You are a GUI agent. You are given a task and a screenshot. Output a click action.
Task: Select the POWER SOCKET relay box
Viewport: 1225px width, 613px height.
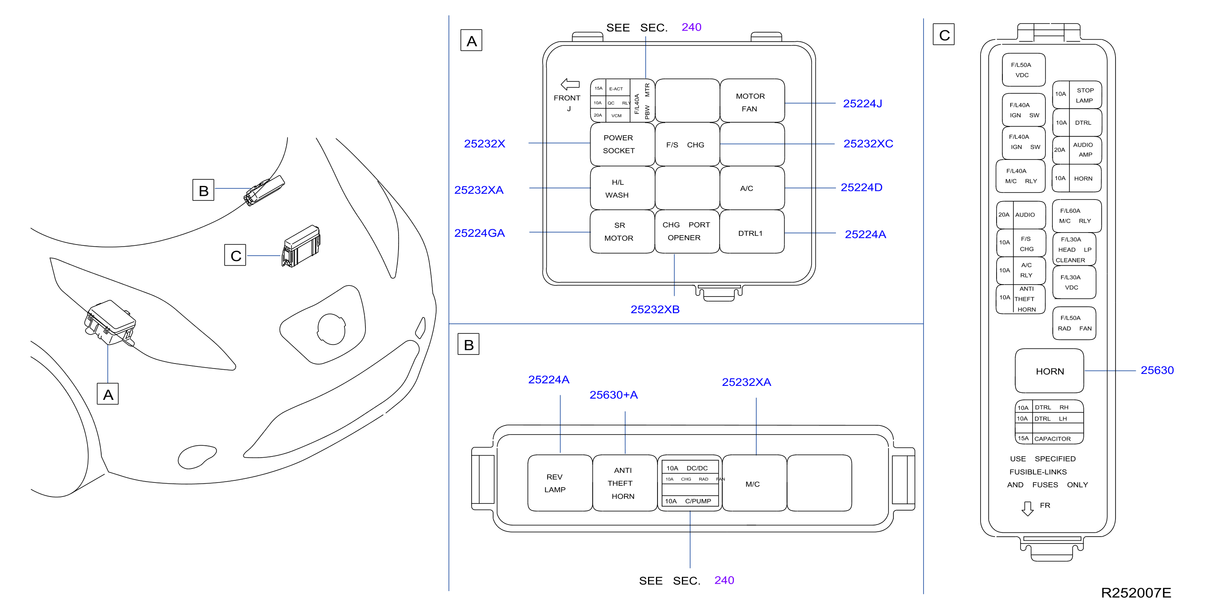pyautogui.click(x=622, y=144)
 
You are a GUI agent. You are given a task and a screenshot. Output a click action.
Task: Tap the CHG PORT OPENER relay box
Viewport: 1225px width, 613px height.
pyautogui.click(x=687, y=231)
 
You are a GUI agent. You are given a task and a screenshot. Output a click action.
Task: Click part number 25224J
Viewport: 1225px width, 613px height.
pyautogui.click(x=862, y=103)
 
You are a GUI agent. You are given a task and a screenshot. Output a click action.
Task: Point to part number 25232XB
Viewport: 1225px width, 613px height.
pyautogui.click(x=655, y=309)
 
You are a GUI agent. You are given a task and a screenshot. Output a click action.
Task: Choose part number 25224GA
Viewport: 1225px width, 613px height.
pyautogui.click(x=480, y=233)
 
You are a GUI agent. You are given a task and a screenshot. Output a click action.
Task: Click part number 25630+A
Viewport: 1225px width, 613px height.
pyautogui.click(x=613, y=395)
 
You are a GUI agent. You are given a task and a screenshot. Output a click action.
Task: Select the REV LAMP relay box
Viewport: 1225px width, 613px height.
pyautogui.click(x=560, y=483)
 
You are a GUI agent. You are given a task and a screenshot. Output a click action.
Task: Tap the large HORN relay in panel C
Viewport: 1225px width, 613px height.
pyautogui.click(x=1049, y=371)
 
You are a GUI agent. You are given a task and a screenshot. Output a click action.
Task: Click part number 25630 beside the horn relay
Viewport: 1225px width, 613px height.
pyautogui.click(x=1157, y=370)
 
